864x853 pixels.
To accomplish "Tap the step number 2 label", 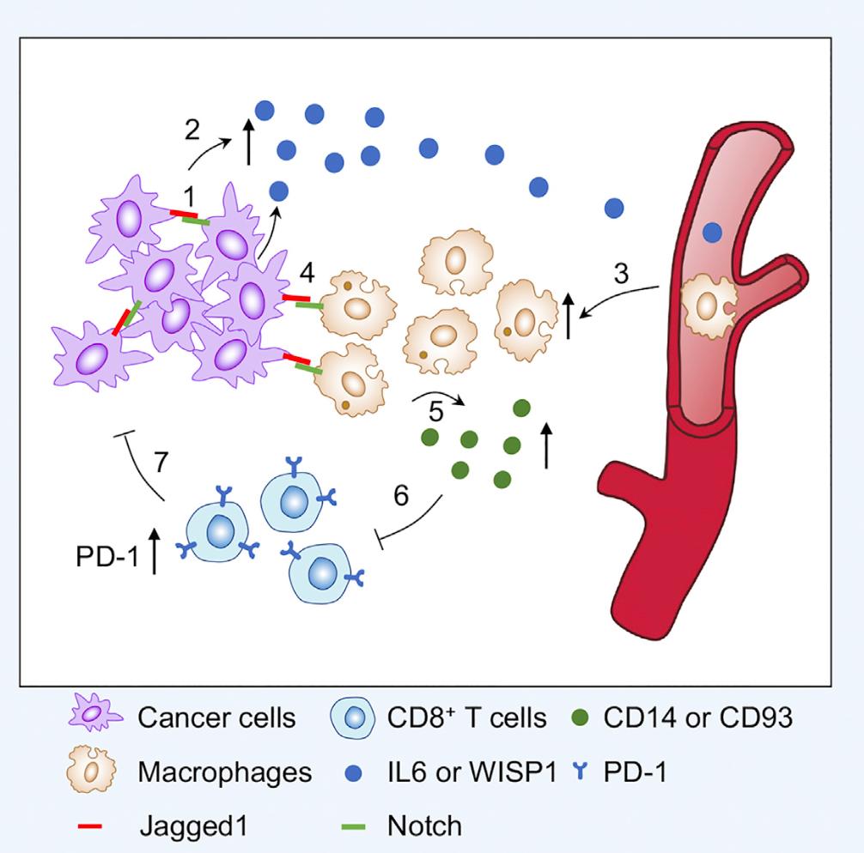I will (192, 130).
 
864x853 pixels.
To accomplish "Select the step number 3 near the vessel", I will (622, 275).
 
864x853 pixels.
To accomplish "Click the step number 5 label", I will (436, 412).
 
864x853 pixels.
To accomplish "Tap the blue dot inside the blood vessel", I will (712, 231).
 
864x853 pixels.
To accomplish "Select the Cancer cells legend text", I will (216, 717).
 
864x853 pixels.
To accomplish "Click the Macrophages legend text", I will (224, 772).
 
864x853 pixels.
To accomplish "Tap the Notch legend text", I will (424, 826).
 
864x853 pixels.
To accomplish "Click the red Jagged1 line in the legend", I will (89, 827).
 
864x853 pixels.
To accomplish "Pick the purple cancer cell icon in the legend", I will (93, 717).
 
